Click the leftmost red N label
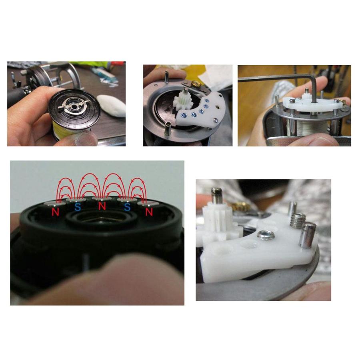pos(55,212)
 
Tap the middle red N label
pos(102,206)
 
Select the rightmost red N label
pos(149,212)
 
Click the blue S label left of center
pos(77,207)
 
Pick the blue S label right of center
pos(127,207)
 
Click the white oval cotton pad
pos(112,106)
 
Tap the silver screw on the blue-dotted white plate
pos(215,120)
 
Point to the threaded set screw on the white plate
pos(297,220)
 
